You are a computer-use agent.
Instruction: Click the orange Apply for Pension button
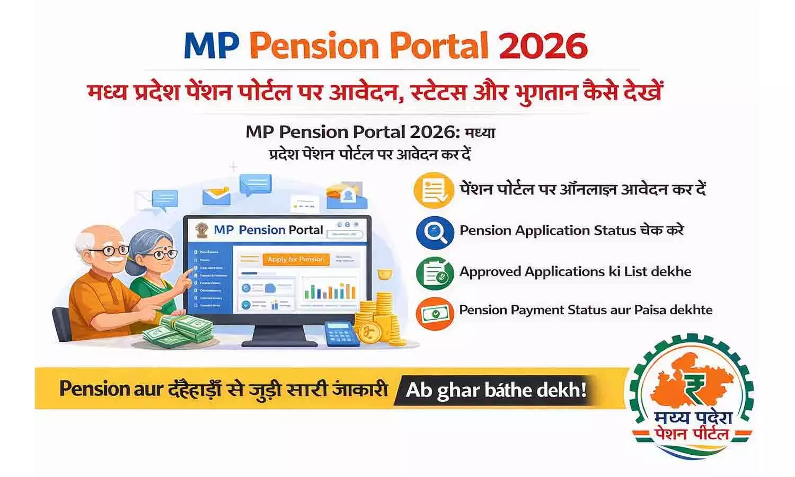[x=296, y=259]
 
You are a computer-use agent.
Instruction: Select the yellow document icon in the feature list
[x=434, y=190]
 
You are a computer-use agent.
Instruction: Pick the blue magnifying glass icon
[x=435, y=232]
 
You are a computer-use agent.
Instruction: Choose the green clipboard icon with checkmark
[x=435, y=272]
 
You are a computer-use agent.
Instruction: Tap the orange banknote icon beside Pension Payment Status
[x=435, y=313]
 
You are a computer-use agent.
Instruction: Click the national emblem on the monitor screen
[x=201, y=231]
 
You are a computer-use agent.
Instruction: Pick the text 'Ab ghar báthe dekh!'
[x=496, y=391]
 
